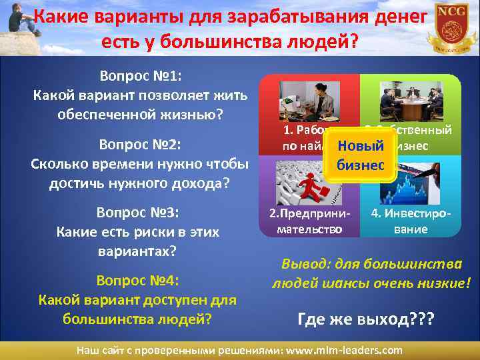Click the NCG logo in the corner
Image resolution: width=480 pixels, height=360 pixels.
click(453, 27)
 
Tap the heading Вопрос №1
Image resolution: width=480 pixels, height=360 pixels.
click(140, 75)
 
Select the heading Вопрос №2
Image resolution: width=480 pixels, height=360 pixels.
click(140, 145)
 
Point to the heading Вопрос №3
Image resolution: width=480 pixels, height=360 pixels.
click(140, 213)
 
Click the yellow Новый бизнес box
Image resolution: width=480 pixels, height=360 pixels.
click(361, 155)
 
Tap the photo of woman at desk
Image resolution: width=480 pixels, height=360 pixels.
click(309, 101)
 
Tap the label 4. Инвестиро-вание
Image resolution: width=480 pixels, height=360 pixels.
click(410, 222)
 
